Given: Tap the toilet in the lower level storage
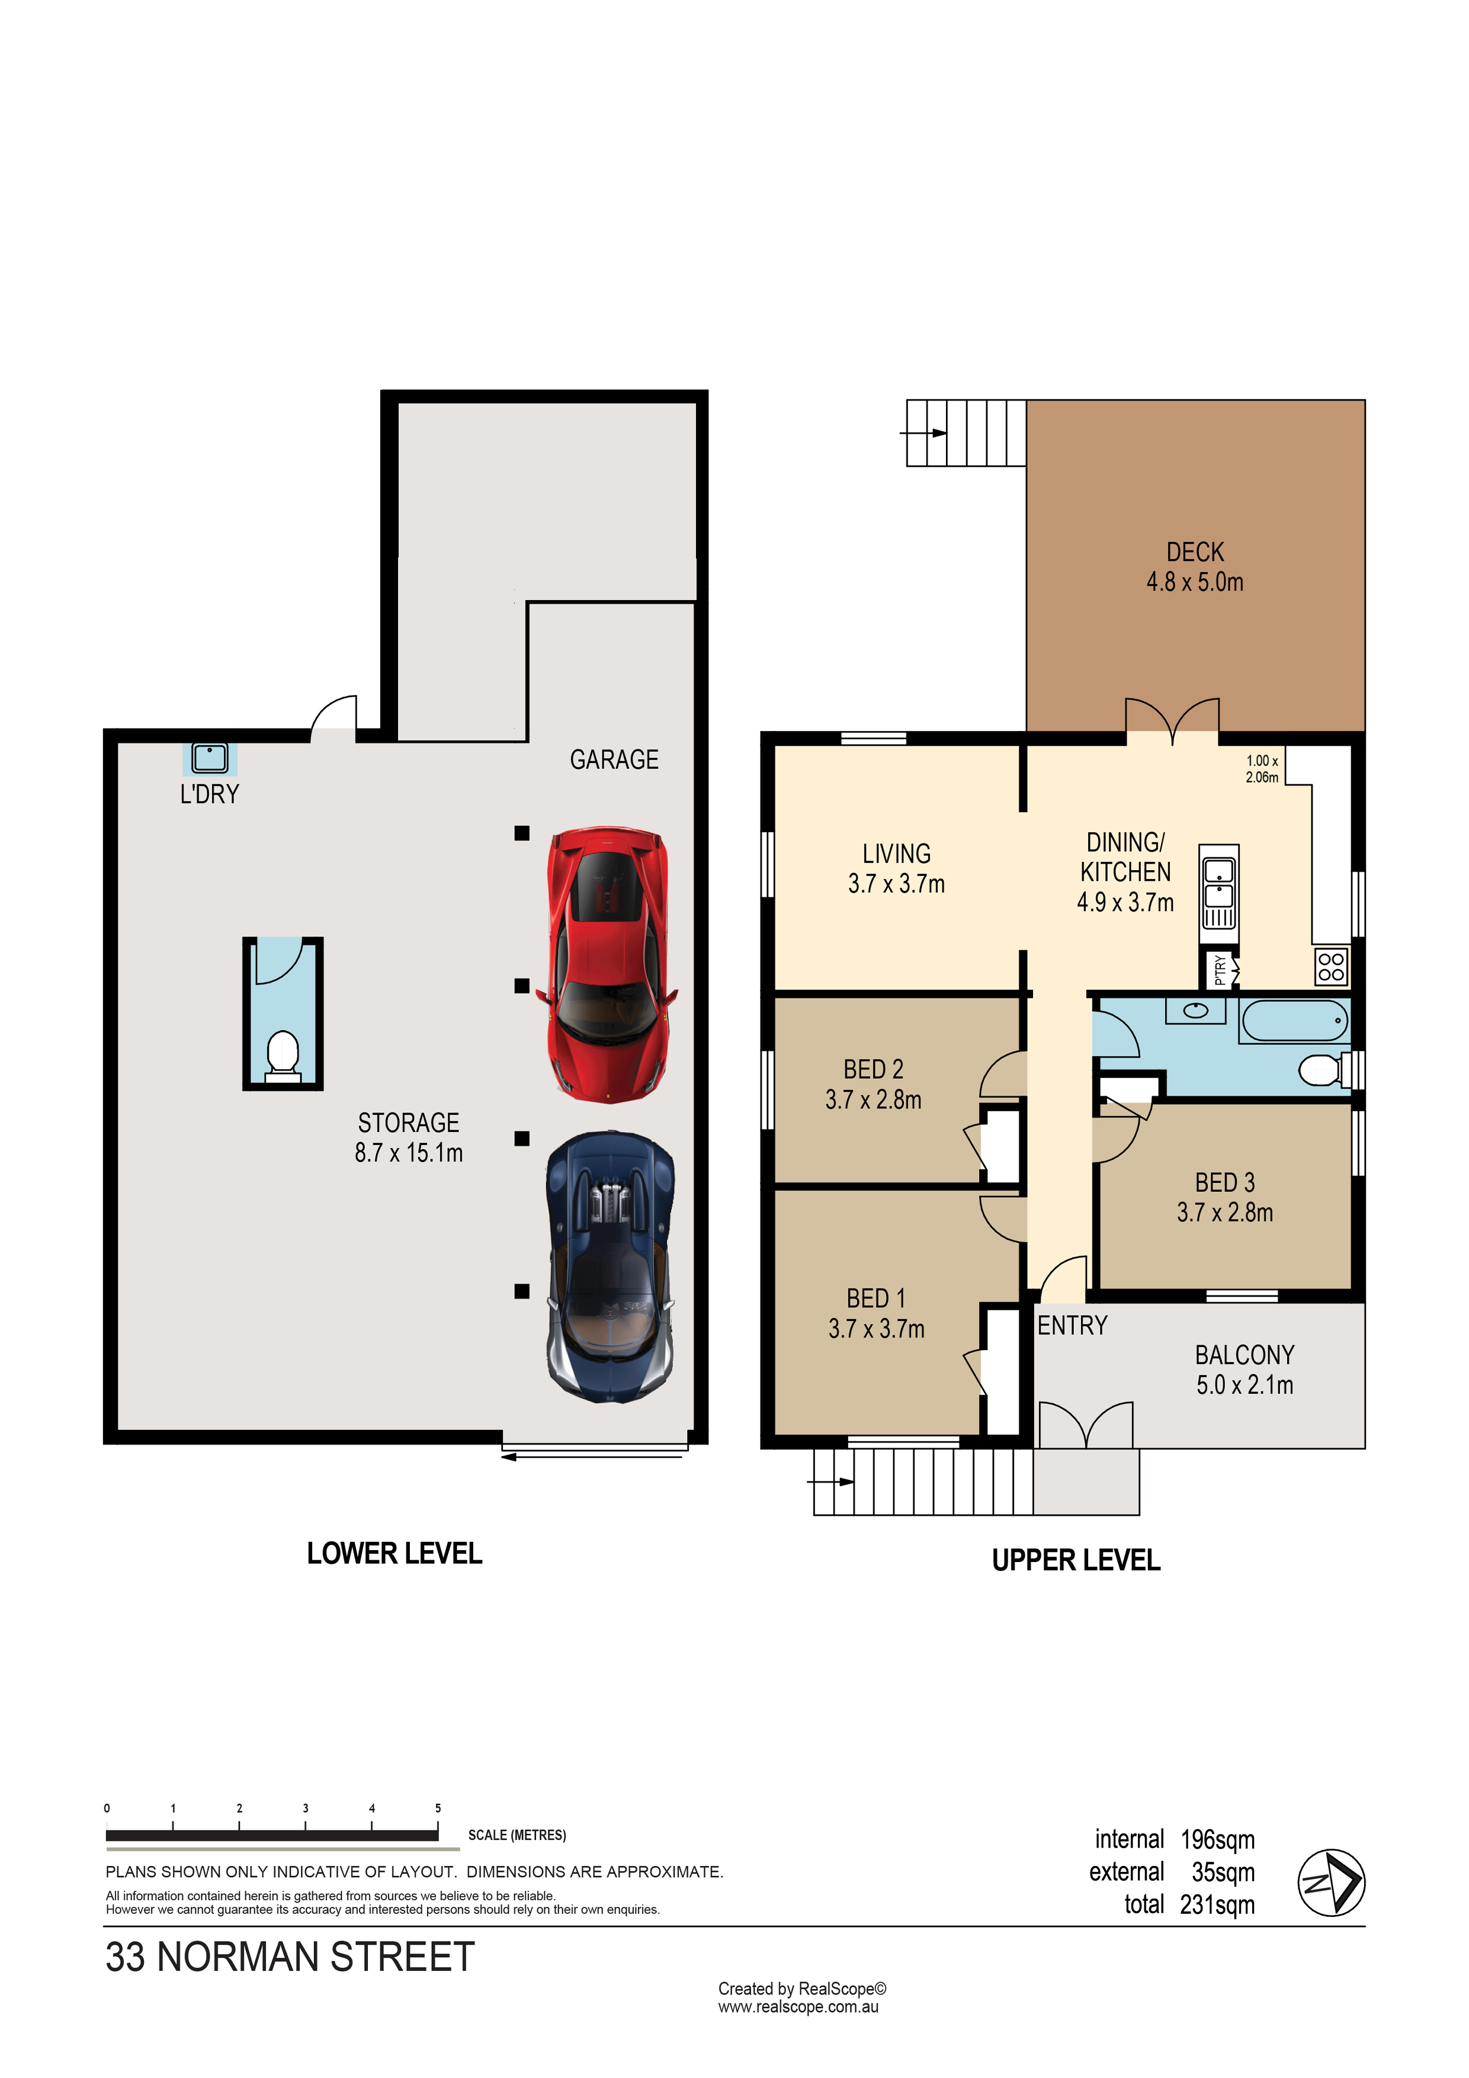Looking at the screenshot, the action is pos(283,1056).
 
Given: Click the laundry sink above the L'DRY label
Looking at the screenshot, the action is pos(210,758).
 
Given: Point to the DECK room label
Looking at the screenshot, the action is pos(1195,552).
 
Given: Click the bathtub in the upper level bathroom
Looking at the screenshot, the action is pos(1294,1021).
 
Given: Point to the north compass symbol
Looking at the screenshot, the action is pos(1332,1883).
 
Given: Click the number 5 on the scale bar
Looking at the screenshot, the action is pos(438,1808).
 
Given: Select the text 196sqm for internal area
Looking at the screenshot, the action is pos(1217,1840).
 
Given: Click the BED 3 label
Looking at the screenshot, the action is pos(1224,1183).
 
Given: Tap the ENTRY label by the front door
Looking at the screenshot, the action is pos(1073,1326).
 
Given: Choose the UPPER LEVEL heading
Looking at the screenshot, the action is pos(1076,1560).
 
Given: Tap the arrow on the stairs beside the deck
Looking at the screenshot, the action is pos(923,432).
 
